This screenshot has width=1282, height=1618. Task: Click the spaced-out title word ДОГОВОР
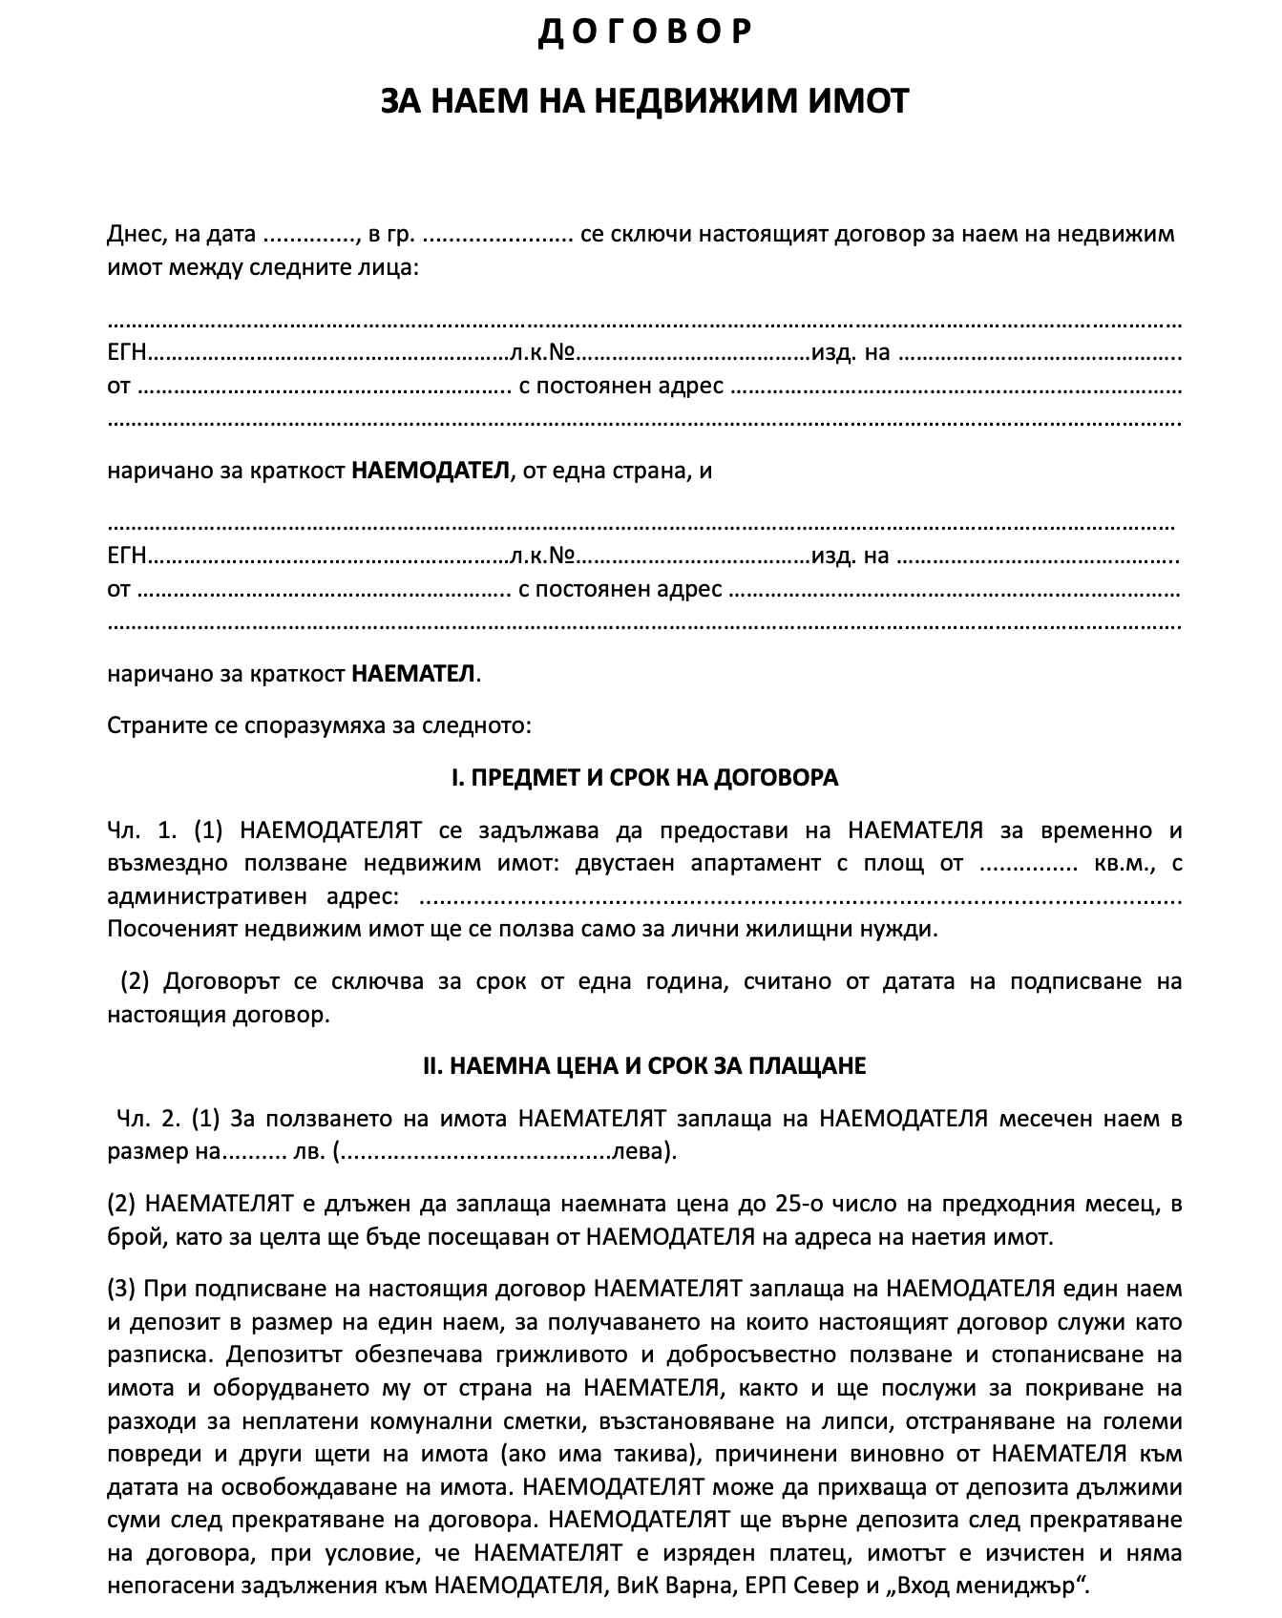pos(645,33)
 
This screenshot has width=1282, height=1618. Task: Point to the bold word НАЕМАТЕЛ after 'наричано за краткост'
pos(413,674)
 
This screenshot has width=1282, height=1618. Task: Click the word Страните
pos(153,725)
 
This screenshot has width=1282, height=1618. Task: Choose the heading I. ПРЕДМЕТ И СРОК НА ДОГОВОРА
pos(644,778)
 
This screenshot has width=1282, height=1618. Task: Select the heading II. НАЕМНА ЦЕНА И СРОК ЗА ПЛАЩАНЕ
pos(644,1066)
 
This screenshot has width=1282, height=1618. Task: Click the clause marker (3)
pos(121,1290)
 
